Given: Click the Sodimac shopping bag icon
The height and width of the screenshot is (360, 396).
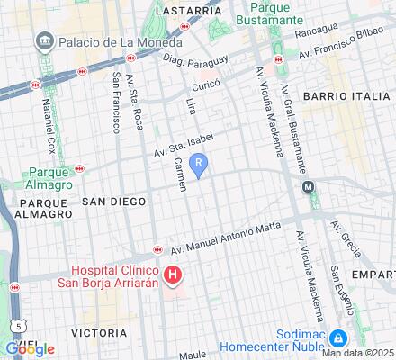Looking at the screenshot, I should [x=337, y=338].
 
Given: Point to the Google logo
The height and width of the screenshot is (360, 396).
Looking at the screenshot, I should [x=29, y=349].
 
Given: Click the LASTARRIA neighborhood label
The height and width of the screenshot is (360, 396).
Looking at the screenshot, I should [x=188, y=10].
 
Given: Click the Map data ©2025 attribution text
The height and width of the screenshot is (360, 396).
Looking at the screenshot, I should [x=358, y=352].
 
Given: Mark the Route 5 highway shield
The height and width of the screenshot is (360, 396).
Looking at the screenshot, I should [x=17, y=325].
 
